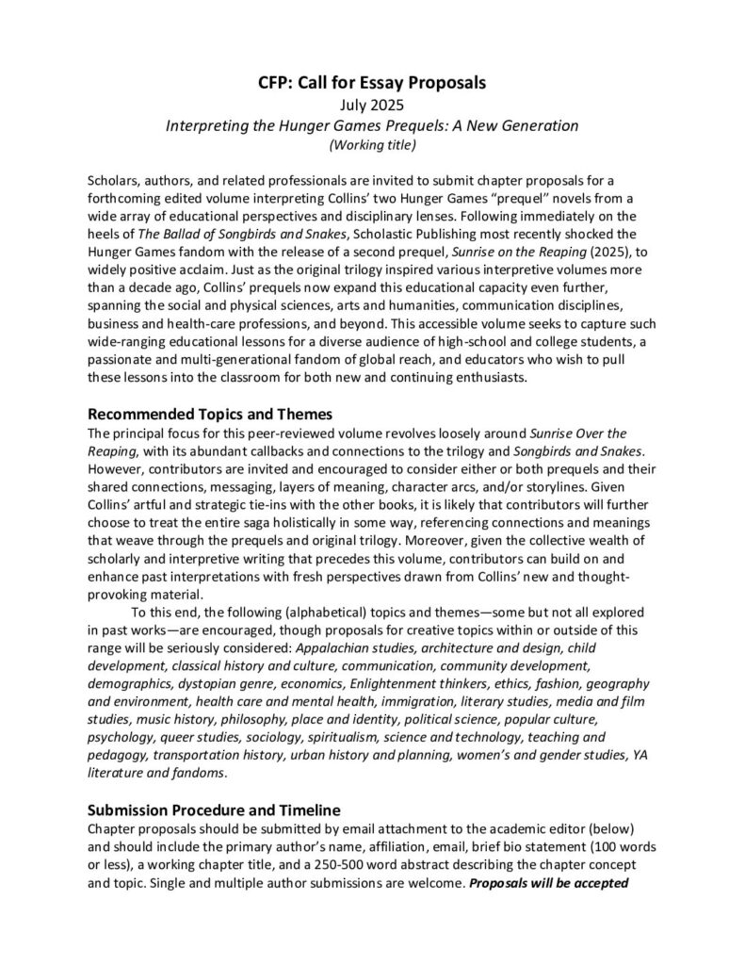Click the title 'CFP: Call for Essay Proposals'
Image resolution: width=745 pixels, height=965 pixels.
(372, 83)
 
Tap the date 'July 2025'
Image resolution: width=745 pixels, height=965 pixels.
(372, 105)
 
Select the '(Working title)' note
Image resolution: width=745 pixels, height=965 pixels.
(372, 144)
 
